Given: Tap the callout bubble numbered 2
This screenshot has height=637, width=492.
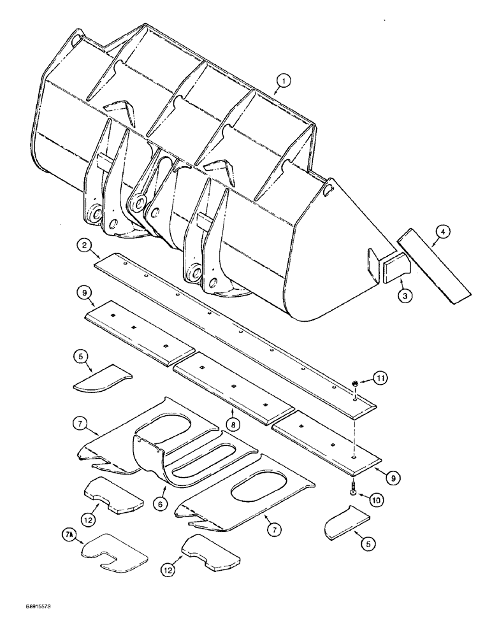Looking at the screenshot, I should click(83, 245).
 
